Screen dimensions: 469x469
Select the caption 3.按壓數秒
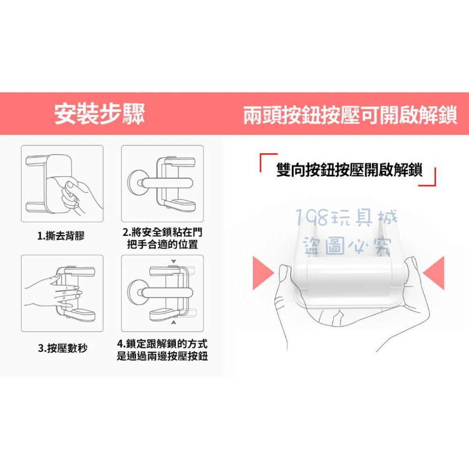[62, 348]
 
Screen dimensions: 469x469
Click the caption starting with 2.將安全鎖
[162, 238]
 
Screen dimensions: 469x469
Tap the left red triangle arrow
[264, 272]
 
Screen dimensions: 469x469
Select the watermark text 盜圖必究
[347, 246]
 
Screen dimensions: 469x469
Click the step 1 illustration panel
[62, 184]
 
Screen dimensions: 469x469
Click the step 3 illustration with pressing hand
[62, 293]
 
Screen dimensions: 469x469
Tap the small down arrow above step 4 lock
[174, 261]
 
